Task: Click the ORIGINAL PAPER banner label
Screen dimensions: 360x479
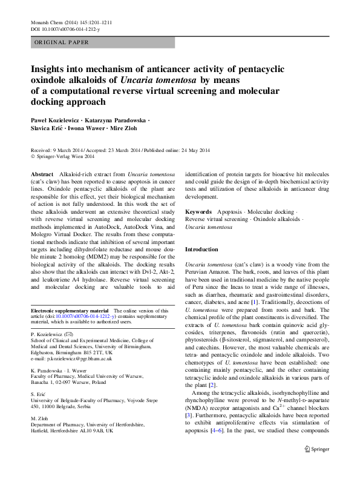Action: (62, 43)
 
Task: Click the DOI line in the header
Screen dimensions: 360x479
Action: (65, 29)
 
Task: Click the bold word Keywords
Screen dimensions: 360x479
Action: (198, 212)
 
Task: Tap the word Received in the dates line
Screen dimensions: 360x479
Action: (42, 150)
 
